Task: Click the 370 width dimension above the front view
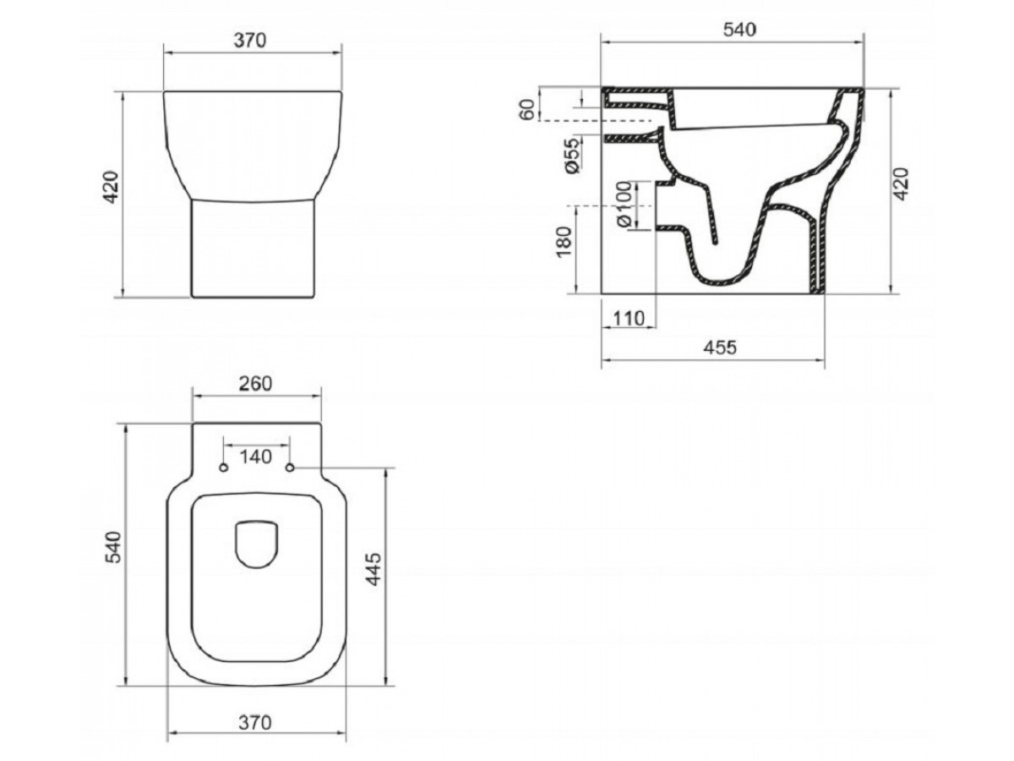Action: coord(250,41)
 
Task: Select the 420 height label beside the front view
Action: coord(111,187)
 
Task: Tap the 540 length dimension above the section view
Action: coord(740,30)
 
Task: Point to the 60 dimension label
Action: coord(527,110)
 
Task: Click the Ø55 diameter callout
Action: coord(572,156)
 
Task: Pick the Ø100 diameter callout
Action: coord(624,204)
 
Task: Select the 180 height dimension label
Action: coord(564,242)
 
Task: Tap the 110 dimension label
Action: coord(629,319)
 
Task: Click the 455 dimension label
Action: coord(720,348)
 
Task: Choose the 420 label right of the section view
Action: coord(902,183)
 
